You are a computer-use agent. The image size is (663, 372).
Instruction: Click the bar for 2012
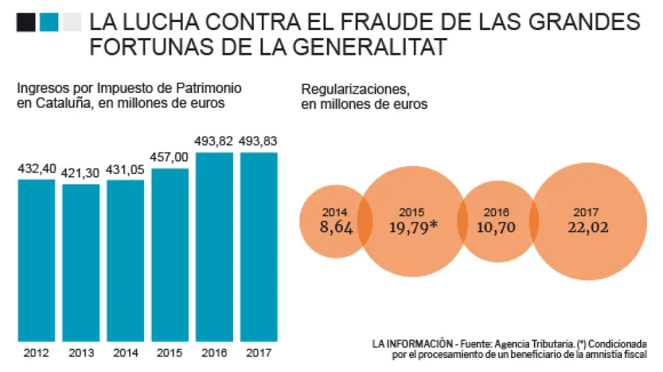tap(36, 260)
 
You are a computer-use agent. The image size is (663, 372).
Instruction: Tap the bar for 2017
tap(259, 247)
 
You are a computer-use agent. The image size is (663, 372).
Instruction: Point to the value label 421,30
tap(80, 173)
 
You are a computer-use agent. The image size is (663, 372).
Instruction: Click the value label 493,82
tap(214, 142)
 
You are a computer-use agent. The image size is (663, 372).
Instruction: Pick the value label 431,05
tap(125, 170)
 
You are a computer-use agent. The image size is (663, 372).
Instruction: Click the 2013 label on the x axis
tap(80, 353)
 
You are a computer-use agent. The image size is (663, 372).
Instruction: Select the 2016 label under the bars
tap(214, 353)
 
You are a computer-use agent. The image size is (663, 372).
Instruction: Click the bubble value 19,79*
tap(413, 227)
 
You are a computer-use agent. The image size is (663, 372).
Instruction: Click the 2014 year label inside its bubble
tap(334, 212)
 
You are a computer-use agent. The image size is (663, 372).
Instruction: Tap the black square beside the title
tap(27, 23)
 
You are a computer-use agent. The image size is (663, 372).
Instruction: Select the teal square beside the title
tap(50, 23)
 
